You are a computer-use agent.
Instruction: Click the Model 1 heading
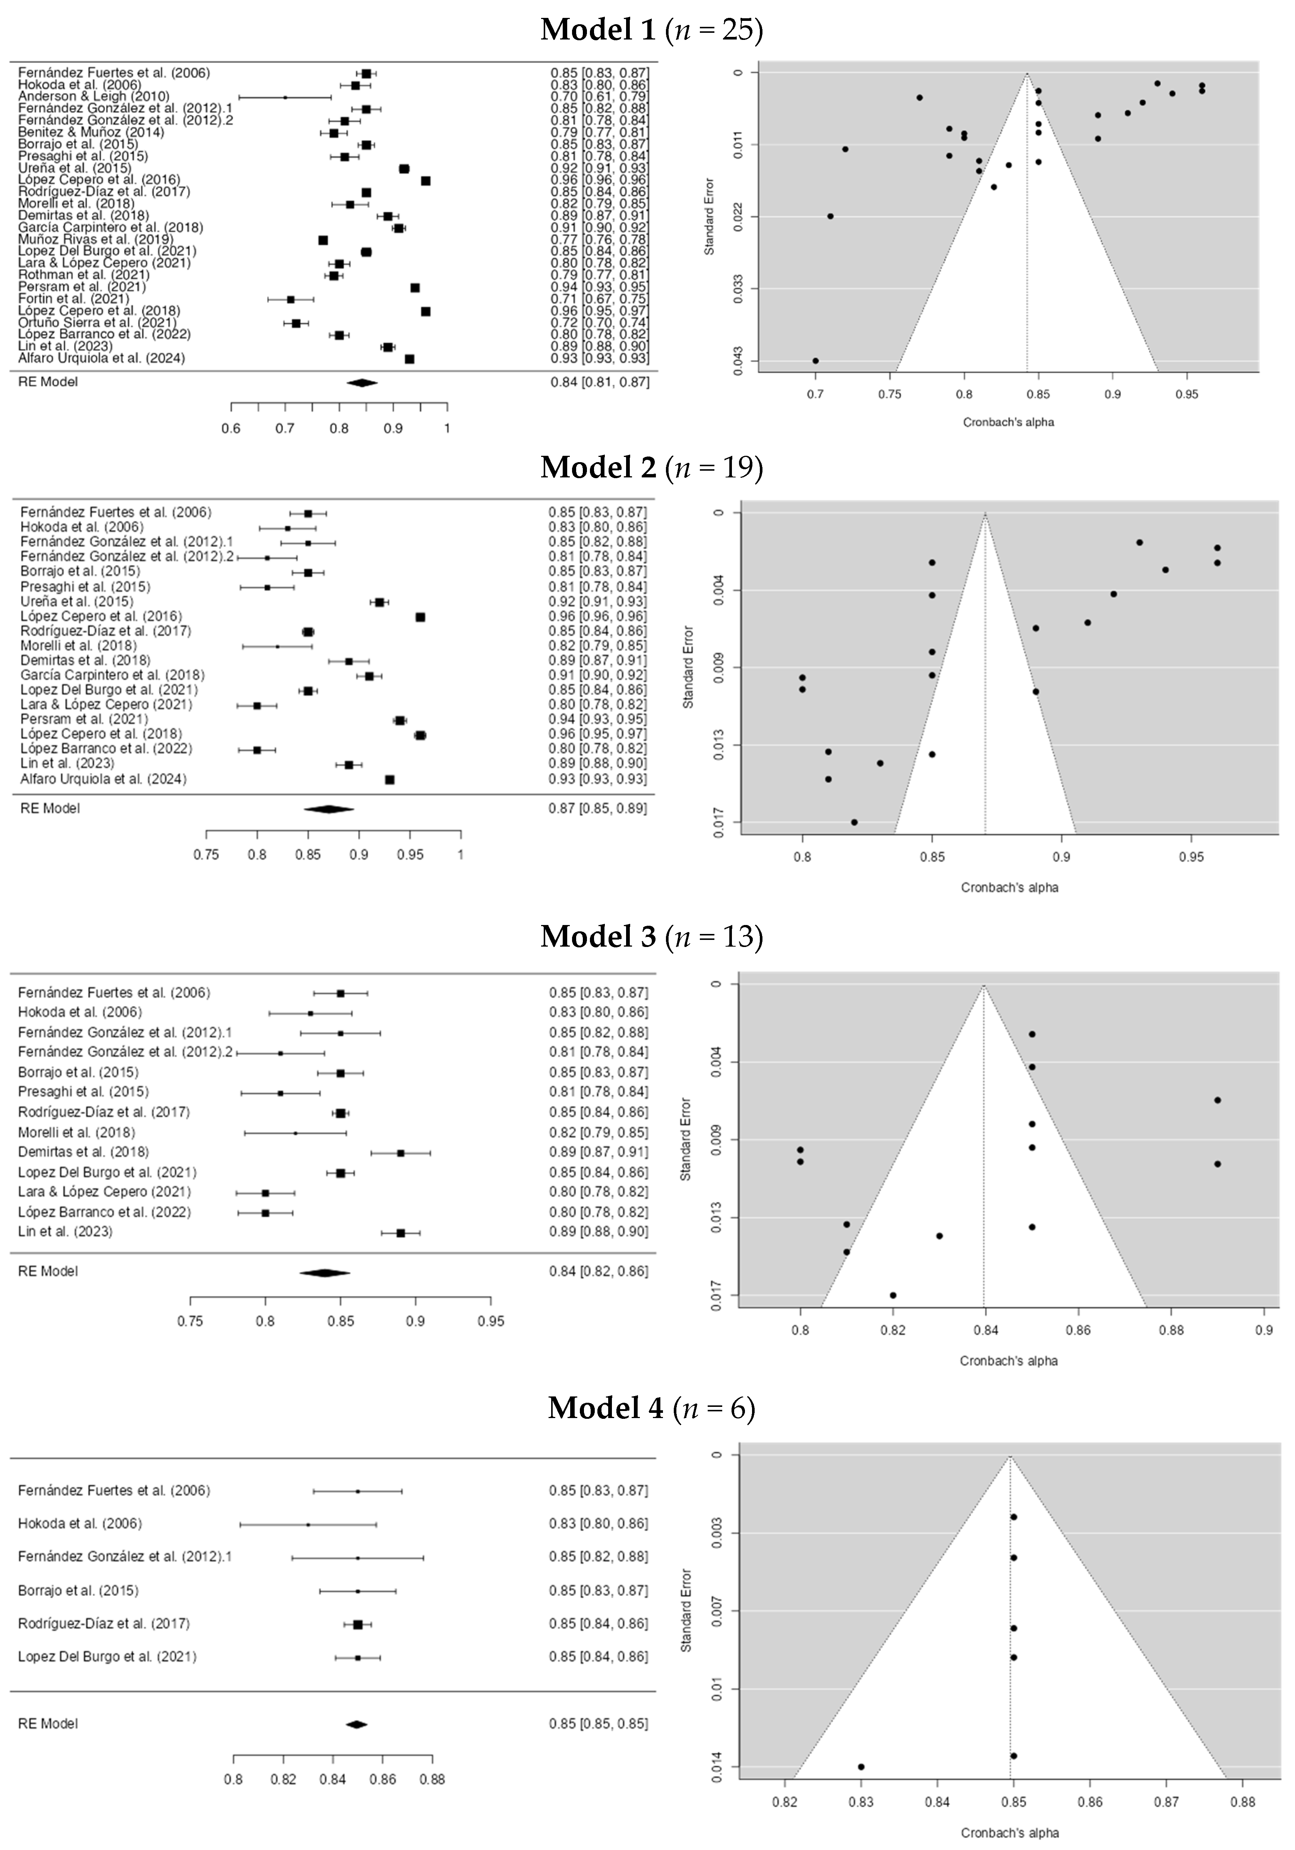(x=651, y=30)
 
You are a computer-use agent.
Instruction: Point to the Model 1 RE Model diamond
(x=362, y=383)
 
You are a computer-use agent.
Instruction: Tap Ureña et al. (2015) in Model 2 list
(x=76, y=602)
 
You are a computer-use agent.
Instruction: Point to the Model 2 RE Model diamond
(x=328, y=808)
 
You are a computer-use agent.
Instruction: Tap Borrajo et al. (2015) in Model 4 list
(x=78, y=1591)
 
